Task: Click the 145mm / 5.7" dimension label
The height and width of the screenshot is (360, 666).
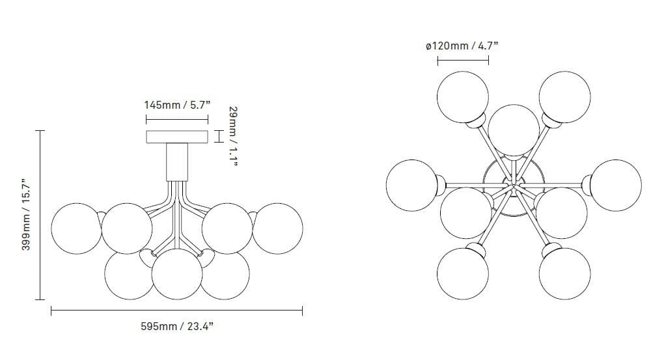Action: pos(176,104)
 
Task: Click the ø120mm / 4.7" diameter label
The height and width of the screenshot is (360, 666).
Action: pos(462,46)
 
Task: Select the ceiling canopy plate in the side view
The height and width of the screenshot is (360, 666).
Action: pos(176,137)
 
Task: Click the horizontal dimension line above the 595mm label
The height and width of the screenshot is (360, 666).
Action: pos(176,312)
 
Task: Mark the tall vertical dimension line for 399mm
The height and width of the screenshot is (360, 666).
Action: pos(40,214)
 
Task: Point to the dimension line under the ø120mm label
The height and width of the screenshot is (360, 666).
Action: pos(462,61)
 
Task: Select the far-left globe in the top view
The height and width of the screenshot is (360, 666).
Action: pos(411,185)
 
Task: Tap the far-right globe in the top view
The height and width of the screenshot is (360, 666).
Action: pos(616,185)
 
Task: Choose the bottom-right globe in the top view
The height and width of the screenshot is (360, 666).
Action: pos(564,273)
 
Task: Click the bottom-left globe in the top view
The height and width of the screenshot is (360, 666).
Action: pos(462,273)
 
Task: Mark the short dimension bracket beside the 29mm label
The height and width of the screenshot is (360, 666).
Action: pos(219,136)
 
